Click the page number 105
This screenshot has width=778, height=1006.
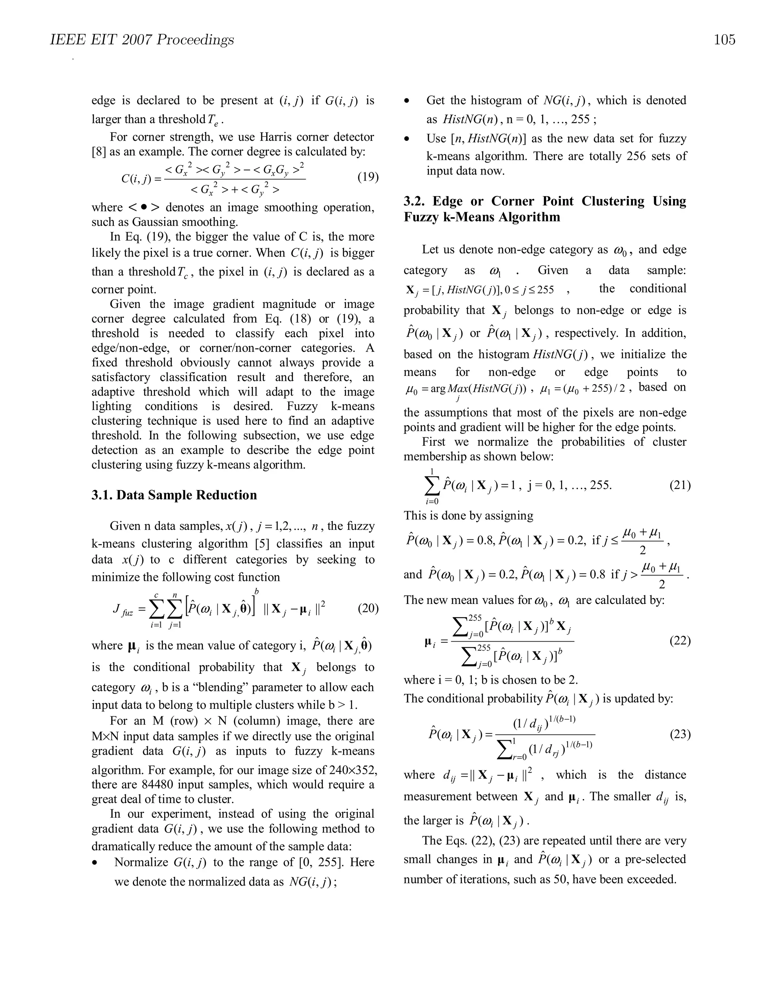coord(724,40)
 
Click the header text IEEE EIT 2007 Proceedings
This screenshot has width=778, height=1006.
coord(142,40)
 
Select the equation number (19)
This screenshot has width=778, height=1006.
coord(368,177)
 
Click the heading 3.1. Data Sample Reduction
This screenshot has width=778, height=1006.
coord(174,495)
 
